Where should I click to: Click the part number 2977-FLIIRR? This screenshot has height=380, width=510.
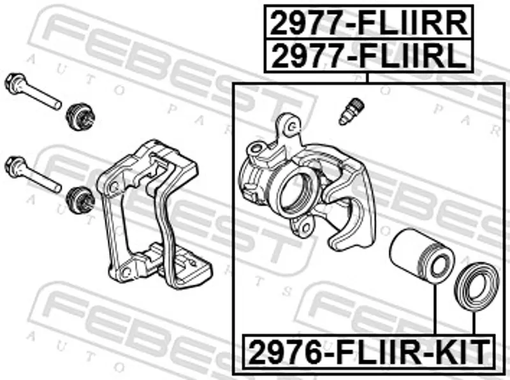(368, 23)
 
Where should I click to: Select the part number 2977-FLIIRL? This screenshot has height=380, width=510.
(368, 55)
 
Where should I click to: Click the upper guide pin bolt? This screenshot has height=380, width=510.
(33, 91)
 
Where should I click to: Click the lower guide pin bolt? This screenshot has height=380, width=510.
(33, 174)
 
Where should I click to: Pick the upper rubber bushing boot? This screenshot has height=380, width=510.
(80, 117)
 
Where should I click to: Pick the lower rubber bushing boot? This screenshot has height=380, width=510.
(80, 200)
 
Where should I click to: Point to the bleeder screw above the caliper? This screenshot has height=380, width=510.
(351, 112)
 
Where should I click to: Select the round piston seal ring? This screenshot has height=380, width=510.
(476, 287)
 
